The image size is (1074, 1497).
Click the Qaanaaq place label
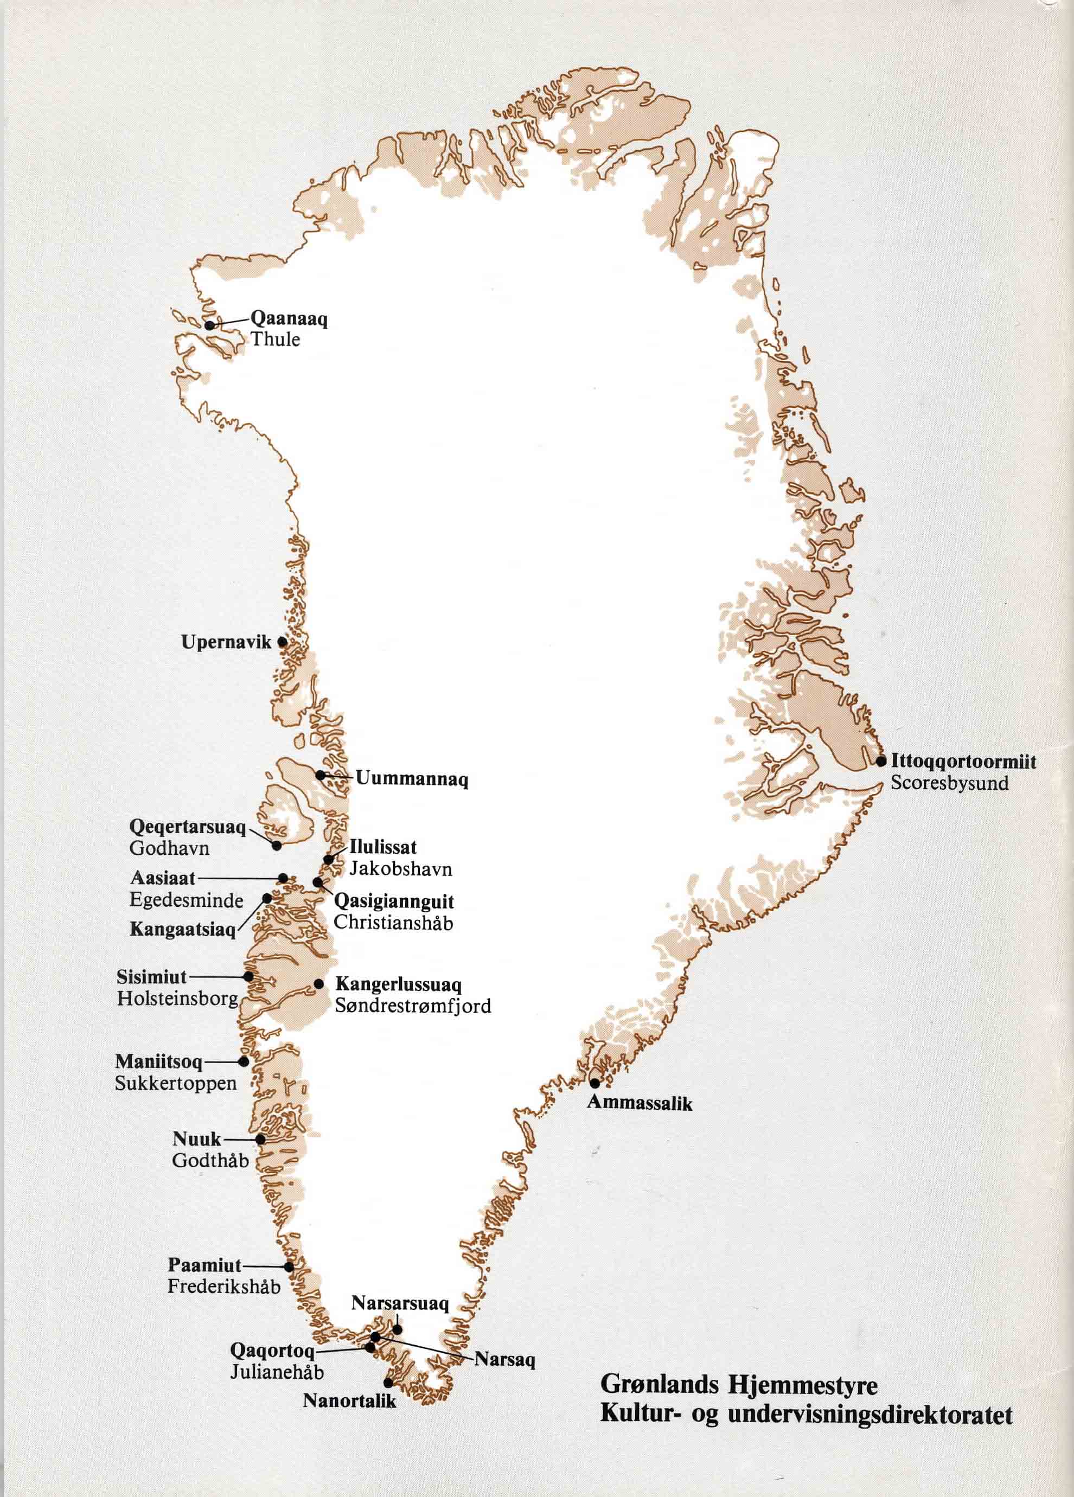tap(289, 319)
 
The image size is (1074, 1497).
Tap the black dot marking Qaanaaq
tap(209, 325)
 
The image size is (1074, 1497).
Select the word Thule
tap(274, 340)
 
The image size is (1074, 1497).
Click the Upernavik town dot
tap(283, 641)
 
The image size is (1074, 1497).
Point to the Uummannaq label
tap(411, 779)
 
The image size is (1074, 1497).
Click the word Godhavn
tap(160, 848)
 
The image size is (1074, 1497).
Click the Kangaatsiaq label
tap(182, 930)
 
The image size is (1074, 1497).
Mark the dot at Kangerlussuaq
tap(319, 983)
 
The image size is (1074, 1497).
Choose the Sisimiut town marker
tap(249, 976)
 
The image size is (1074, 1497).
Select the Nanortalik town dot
tap(389, 1381)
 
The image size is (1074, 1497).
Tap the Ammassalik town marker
tap(594, 1083)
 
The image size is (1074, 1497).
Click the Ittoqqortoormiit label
tap(962, 761)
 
